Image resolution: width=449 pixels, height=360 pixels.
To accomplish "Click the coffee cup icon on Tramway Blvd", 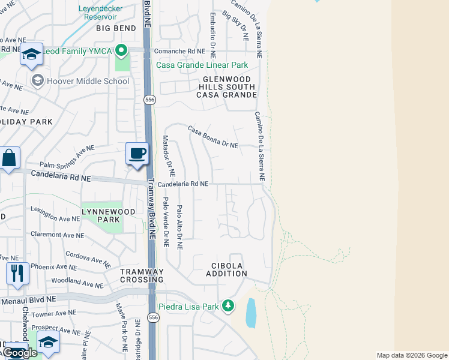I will click(x=137, y=154).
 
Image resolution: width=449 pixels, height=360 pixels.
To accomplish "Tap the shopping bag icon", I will click(x=10, y=159).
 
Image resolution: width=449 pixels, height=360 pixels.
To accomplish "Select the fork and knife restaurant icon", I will click(x=17, y=274).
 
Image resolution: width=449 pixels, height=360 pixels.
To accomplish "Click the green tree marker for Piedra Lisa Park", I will click(x=228, y=306).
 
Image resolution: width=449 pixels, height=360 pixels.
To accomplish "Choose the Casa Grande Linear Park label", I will click(x=202, y=65).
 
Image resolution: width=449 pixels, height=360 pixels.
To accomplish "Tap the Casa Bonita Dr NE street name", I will click(x=213, y=137).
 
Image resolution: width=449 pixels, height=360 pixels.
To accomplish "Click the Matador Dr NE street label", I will click(x=168, y=155).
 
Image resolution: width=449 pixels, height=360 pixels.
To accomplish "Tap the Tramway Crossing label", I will click(x=142, y=275).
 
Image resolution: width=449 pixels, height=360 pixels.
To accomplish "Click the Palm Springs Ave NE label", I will click(x=67, y=156).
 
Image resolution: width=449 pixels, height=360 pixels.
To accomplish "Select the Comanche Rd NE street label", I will click(x=179, y=52).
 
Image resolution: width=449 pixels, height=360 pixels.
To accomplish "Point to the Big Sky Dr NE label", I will click(x=235, y=24).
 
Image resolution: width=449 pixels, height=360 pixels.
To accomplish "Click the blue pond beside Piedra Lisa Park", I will click(x=251, y=313).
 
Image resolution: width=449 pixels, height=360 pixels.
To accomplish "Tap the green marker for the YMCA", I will click(x=122, y=50).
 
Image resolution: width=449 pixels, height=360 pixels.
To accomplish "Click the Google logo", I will click(x=19, y=352).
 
